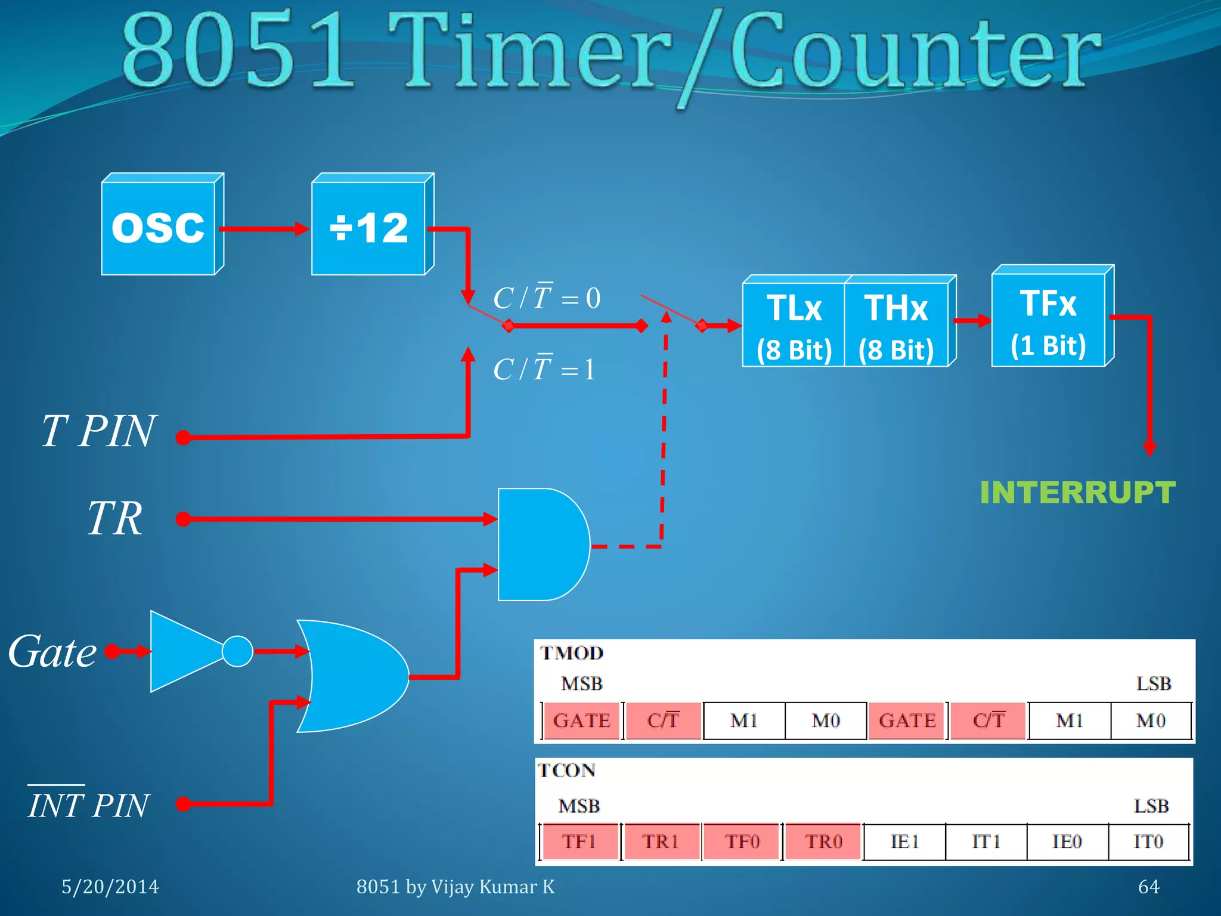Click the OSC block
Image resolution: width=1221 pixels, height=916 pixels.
coord(159,228)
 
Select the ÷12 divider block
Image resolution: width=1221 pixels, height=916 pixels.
coord(368,228)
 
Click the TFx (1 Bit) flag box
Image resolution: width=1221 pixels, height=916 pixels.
coord(1048,321)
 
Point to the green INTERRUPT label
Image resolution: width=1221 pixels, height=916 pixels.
coord(1077,493)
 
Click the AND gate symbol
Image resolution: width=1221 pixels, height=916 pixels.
coord(540,544)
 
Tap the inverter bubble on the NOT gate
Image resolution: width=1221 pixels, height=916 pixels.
coord(237,651)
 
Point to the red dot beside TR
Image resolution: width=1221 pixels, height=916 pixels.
coord(184,519)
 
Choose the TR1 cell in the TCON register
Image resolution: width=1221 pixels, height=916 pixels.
coord(661,841)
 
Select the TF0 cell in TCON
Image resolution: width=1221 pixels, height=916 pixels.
coord(742,841)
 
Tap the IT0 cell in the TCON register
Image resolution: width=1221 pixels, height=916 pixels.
coord(1148,841)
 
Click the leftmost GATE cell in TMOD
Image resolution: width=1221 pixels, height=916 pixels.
coord(581,720)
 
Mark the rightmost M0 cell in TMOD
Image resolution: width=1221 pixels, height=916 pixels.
coord(1151,720)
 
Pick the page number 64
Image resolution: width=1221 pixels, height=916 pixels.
coord(1148,887)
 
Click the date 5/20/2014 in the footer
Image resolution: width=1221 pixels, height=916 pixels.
coord(110,887)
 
